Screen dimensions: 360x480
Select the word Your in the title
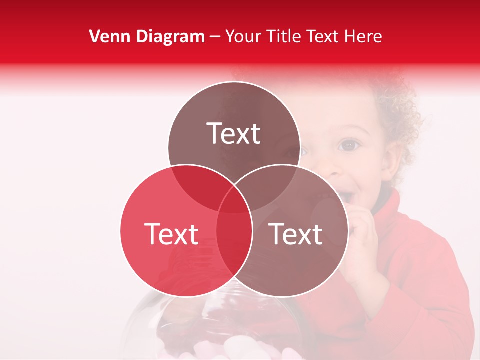pos(244,36)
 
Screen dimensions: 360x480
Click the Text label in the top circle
pos(234,133)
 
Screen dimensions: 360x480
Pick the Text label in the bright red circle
pos(171,234)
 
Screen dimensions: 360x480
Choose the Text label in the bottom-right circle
pos(296,234)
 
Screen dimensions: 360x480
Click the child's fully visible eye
pos(349,145)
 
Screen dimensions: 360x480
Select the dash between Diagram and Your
pos(215,36)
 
